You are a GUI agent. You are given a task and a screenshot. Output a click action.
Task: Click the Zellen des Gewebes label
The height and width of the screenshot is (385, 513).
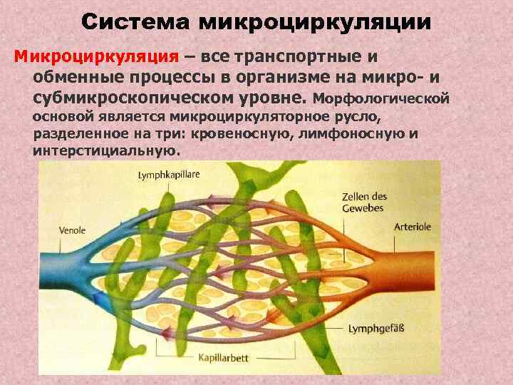pos(363,202)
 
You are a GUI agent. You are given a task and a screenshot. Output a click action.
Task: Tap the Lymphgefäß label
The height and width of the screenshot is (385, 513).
pos(375,329)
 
